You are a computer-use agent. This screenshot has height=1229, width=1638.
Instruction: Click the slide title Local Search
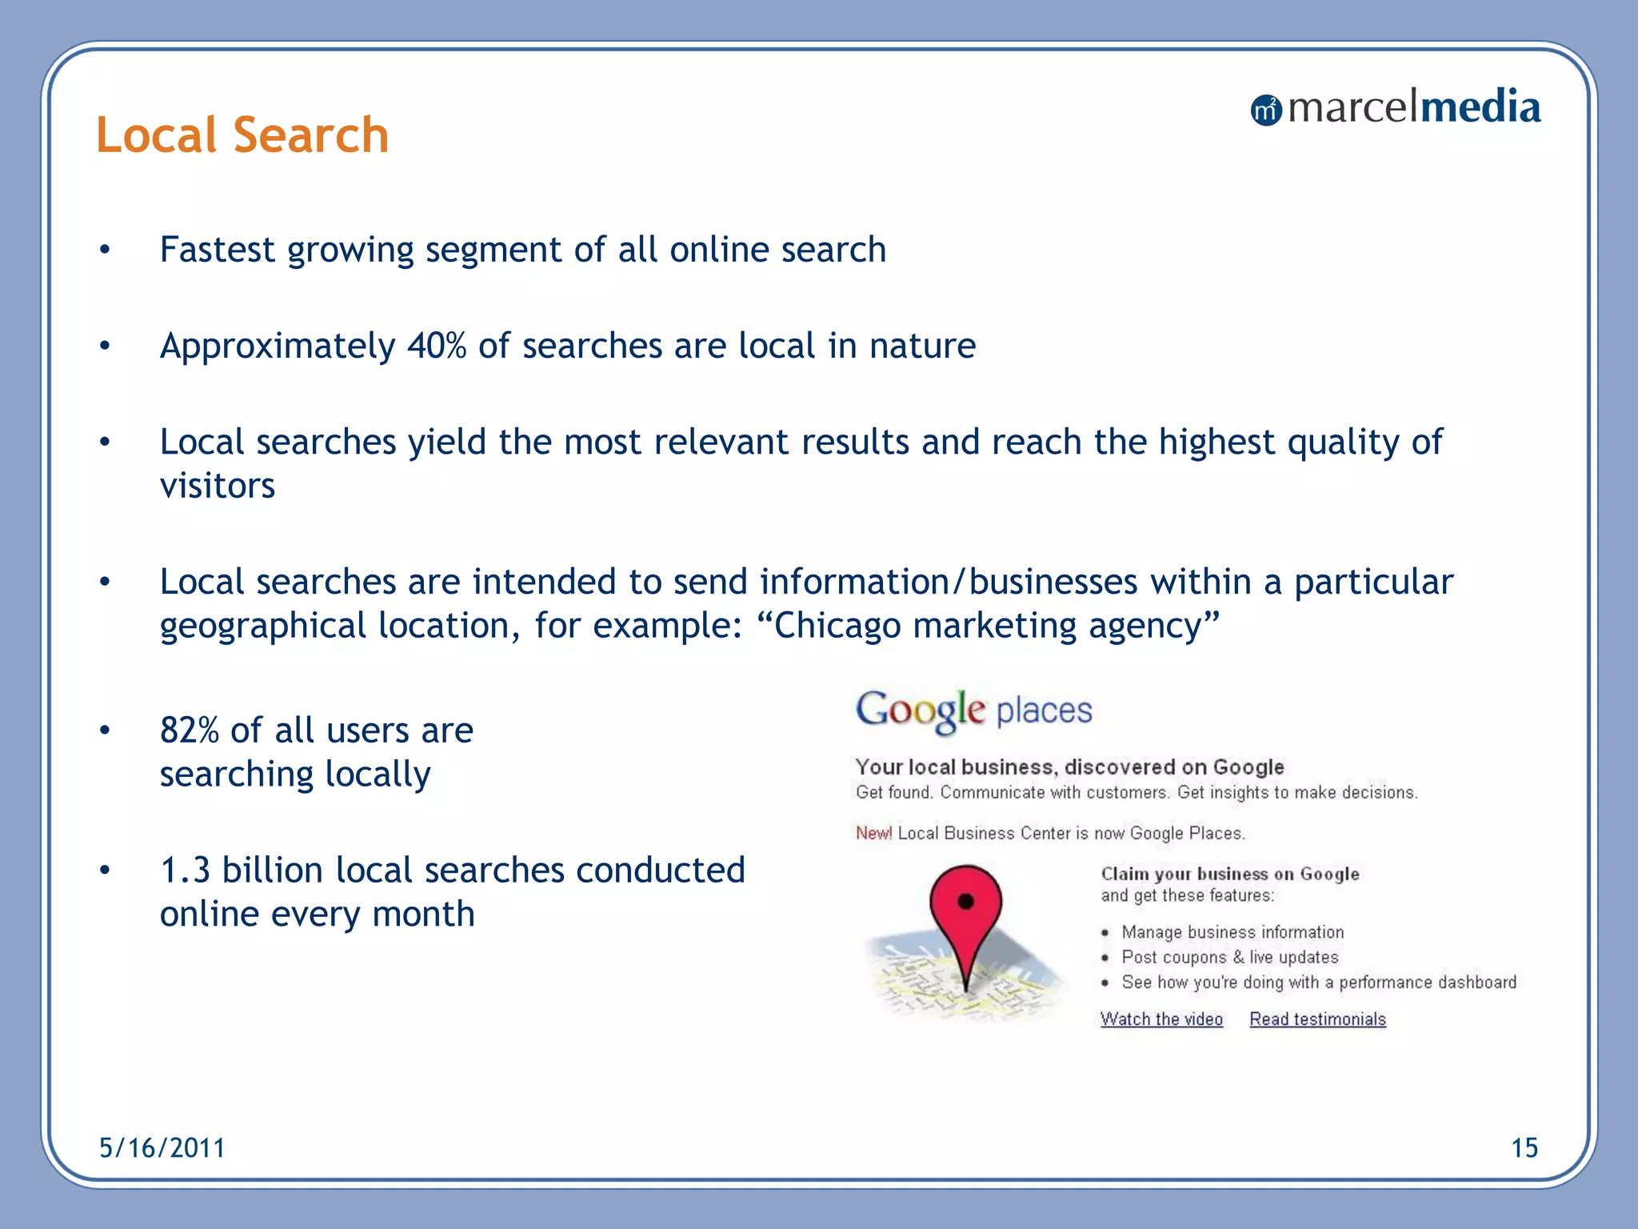(x=242, y=134)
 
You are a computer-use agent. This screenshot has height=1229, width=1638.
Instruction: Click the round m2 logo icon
(x=1266, y=110)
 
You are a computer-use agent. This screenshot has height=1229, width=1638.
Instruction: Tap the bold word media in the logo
(x=1479, y=107)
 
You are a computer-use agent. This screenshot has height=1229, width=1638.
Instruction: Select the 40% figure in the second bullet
(x=437, y=346)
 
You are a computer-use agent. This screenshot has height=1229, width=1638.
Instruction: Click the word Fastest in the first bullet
(x=218, y=250)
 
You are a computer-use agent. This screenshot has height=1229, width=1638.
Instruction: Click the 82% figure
(x=189, y=731)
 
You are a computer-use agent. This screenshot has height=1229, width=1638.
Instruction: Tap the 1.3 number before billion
(x=185, y=871)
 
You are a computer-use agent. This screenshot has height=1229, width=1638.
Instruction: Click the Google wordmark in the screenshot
(x=921, y=711)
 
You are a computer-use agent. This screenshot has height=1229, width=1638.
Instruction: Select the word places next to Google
(x=1044, y=711)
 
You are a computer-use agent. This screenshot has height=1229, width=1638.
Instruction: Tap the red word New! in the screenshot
(x=873, y=833)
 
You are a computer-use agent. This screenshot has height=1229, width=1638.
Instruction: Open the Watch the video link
(x=1161, y=1019)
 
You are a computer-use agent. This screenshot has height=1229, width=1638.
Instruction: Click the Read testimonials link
(x=1317, y=1019)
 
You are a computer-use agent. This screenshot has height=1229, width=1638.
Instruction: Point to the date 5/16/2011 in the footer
(x=162, y=1148)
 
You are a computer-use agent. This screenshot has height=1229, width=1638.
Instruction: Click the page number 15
(x=1524, y=1148)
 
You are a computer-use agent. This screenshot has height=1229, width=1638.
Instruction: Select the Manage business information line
(x=1232, y=932)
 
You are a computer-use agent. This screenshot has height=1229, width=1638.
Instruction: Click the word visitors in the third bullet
(x=218, y=486)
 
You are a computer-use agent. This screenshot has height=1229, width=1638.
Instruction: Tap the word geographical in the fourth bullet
(x=262, y=627)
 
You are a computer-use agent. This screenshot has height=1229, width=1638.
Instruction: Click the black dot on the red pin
(x=965, y=902)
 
